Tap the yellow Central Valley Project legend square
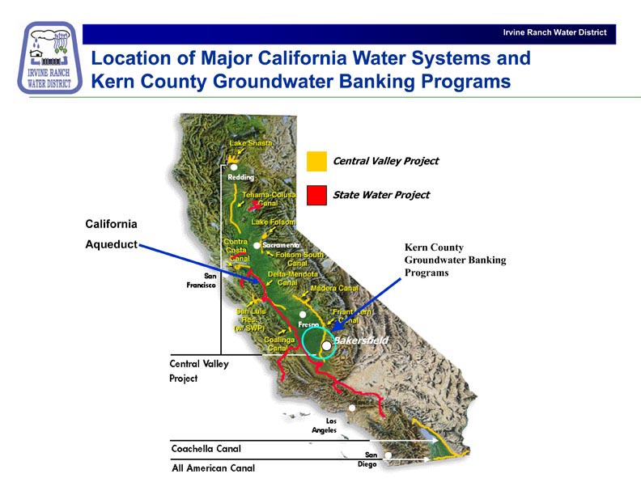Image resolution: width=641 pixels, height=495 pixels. click(x=316, y=161)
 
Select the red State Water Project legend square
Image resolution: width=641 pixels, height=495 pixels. click(x=316, y=195)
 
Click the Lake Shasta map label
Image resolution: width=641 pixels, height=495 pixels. click(x=250, y=144)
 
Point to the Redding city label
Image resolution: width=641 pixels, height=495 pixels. click(x=241, y=177)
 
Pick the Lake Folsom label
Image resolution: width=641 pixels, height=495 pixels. click(x=274, y=222)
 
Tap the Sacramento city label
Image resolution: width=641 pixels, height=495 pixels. click(x=281, y=244)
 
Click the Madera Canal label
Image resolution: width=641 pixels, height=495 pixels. click(x=334, y=288)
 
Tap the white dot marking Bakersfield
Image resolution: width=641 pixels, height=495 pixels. click(x=326, y=345)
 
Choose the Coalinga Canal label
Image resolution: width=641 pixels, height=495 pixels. click(x=281, y=345)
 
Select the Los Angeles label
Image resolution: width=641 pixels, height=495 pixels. click(x=325, y=425)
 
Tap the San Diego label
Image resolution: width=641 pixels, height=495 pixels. click(x=367, y=459)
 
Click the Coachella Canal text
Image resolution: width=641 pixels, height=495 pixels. click(x=206, y=448)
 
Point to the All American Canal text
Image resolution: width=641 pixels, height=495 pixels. click(x=213, y=467)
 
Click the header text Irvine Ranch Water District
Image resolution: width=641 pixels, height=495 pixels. click(x=554, y=33)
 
